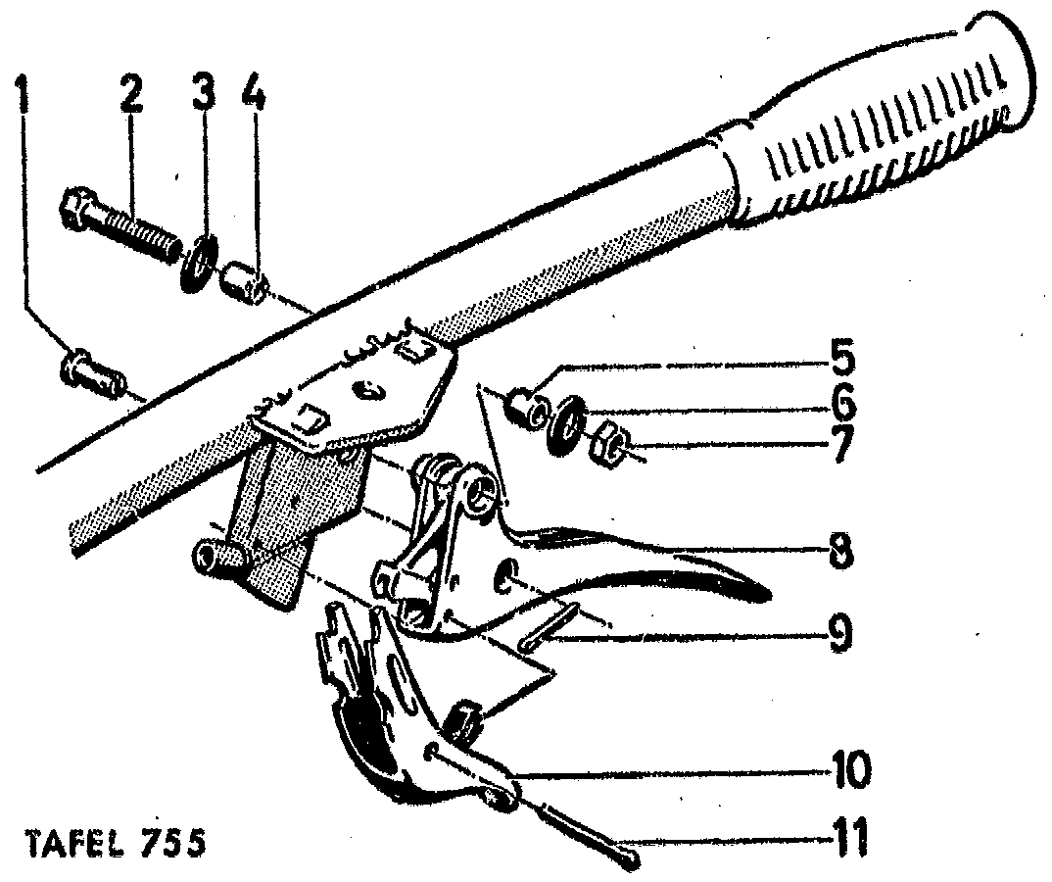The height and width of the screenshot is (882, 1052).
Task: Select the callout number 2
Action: click(131, 98)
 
